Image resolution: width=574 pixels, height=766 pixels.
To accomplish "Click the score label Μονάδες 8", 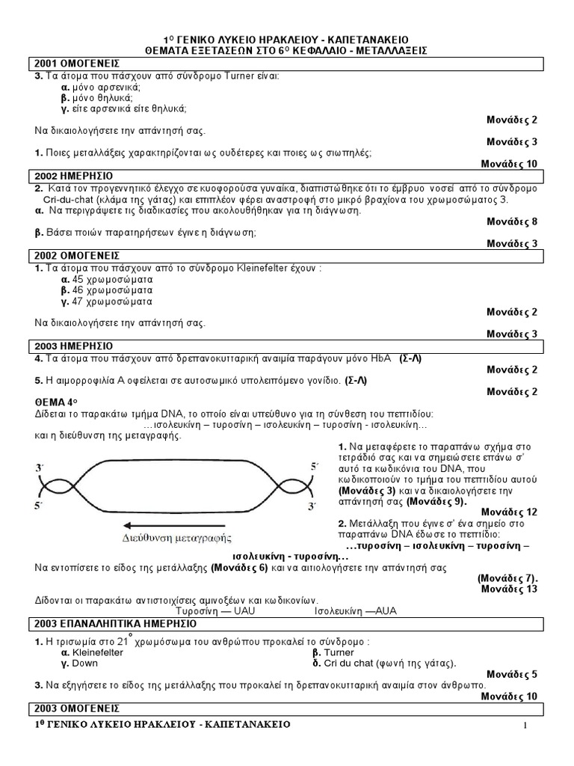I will point(512,222).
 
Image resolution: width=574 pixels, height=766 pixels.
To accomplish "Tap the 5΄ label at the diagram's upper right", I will point(315,467).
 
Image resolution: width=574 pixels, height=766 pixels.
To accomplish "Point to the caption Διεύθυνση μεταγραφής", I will point(175,538).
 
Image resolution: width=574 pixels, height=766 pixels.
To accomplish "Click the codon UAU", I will point(248,610).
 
